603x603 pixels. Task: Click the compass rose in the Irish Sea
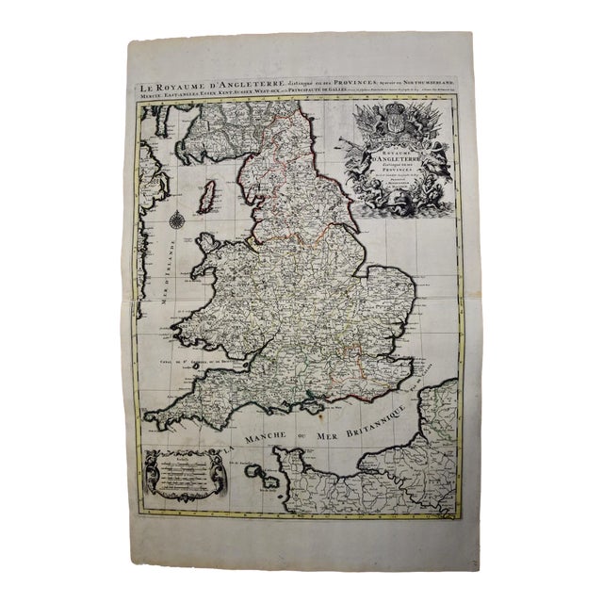coord(177,223)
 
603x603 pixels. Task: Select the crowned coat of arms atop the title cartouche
coord(396,123)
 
